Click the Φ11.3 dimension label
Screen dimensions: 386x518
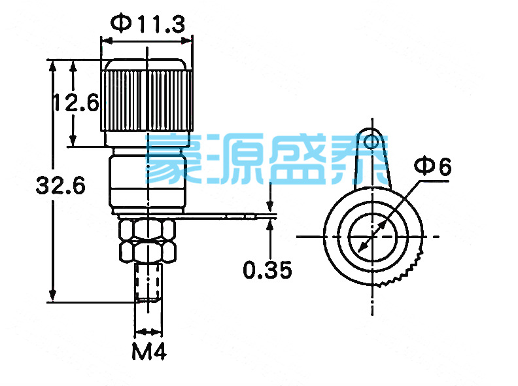click(x=148, y=24)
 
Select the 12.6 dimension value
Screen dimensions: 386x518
click(x=75, y=103)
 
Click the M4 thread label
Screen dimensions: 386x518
click(x=149, y=353)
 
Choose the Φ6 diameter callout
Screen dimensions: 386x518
click(x=434, y=167)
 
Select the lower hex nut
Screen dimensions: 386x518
click(x=147, y=251)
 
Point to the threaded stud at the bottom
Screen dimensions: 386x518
click(x=148, y=281)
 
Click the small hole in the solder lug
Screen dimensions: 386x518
click(x=373, y=141)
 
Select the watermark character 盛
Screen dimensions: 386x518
click(x=292, y=159)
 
